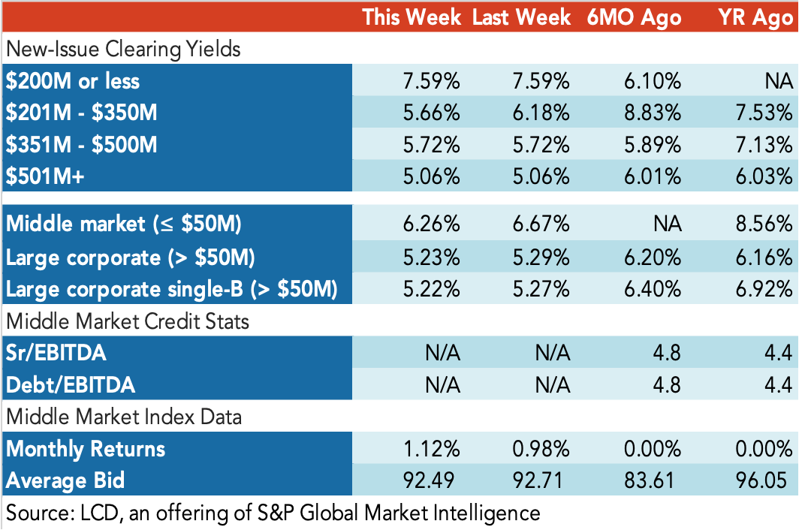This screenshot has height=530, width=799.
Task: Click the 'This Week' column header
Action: [412, 17]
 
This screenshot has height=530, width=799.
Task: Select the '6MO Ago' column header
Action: [634, 17]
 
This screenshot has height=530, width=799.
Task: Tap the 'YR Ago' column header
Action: [755, 17]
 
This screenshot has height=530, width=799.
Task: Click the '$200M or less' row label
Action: [72, 81]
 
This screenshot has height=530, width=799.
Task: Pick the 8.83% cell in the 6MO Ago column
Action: [653, 113]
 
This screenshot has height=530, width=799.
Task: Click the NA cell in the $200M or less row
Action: [779, 81]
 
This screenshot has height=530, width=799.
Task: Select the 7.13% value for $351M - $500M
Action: [764, 145]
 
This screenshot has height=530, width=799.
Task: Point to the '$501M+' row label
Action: [45, 176]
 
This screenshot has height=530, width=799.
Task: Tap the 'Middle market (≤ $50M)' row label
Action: [123, 224]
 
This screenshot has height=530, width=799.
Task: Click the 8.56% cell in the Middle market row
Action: [764, 224]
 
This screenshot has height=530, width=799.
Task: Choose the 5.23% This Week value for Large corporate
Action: [432, 257]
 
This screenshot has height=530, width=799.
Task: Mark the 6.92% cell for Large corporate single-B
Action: [764, 290]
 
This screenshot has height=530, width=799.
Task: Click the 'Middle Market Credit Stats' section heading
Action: [128, 321]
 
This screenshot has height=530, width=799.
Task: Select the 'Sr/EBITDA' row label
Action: [56, 353]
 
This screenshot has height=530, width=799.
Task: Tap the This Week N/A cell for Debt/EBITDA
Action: [443, 385]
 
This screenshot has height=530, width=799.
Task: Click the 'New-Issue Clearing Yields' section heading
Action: [123, 50]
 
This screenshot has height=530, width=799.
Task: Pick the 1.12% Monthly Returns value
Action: [432, 449]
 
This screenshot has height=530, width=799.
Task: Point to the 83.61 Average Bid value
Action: [649, 480]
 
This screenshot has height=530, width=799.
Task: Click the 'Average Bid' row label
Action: [65, 480]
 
